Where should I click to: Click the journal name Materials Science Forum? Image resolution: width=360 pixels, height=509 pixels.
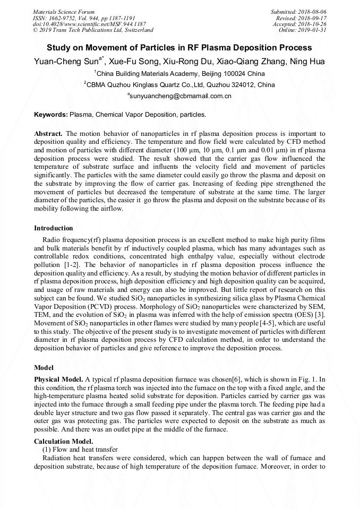point(64,12)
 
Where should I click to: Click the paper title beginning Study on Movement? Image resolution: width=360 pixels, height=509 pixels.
point(179,47)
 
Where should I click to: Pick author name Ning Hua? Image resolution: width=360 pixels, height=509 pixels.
point(308,62)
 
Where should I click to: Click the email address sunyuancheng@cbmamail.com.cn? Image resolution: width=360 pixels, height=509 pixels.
point(179,96)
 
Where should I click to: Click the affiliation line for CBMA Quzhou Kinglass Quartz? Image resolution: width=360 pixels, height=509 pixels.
point(179,84)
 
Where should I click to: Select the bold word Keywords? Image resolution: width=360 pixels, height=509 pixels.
point(50,114)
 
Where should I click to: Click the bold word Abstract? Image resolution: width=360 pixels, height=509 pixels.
point(48,134)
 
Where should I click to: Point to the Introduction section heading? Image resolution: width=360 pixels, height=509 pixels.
point(54,228)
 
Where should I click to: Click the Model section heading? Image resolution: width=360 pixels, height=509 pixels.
point(44,367)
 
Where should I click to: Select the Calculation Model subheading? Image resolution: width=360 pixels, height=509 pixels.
point(63,441)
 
